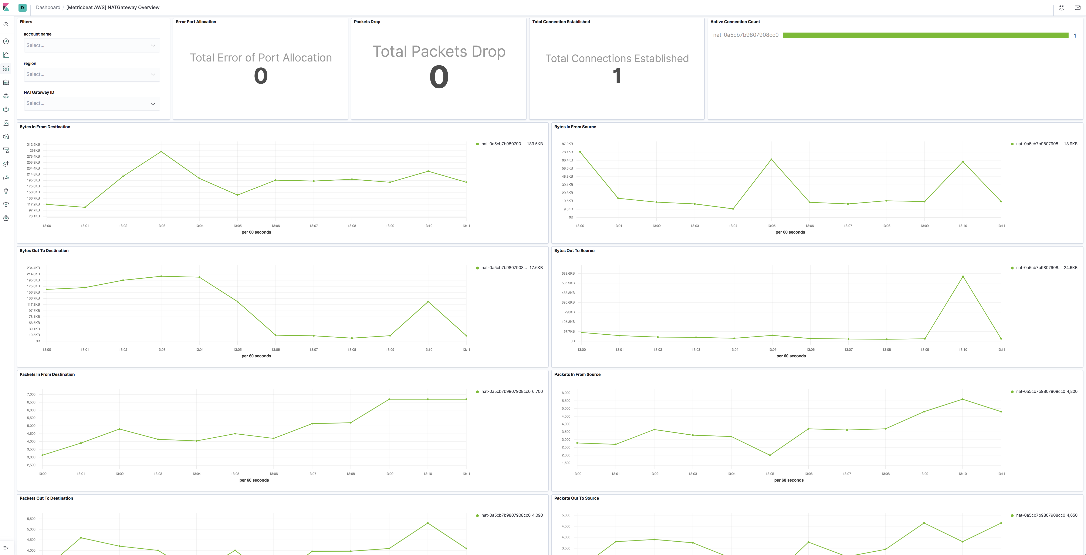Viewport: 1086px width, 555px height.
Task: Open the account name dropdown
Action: click(x=91, y=46)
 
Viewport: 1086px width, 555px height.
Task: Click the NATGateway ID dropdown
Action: click(x=91, y=103)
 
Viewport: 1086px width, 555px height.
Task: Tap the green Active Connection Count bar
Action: click(x=925, y=36)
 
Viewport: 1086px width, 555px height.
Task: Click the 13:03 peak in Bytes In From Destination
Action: click(x=161, y=151)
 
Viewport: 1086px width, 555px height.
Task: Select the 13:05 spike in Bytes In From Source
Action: click(x=771, y=160)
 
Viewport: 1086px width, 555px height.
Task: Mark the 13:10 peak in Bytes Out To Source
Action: click(x=962, y=277)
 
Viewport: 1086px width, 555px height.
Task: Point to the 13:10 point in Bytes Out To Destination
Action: click(x=428, y=302)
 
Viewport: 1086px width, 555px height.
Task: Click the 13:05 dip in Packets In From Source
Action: click(x=770, y=455)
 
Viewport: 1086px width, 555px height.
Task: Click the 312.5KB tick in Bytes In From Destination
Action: click(x=33, y=144)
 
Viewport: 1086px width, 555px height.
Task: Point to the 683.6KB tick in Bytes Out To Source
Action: click(x=568, y=274)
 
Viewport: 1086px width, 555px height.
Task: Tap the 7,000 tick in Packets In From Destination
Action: click(x=31, y=394)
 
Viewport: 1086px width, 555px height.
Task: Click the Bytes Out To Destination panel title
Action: click(x=44, y=251)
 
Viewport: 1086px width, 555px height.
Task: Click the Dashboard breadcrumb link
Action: click(x=48, y=8)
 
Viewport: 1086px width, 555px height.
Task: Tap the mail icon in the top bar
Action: click(x=1077, y=8)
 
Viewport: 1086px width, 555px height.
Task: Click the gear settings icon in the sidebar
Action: click(x=6, y=218)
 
